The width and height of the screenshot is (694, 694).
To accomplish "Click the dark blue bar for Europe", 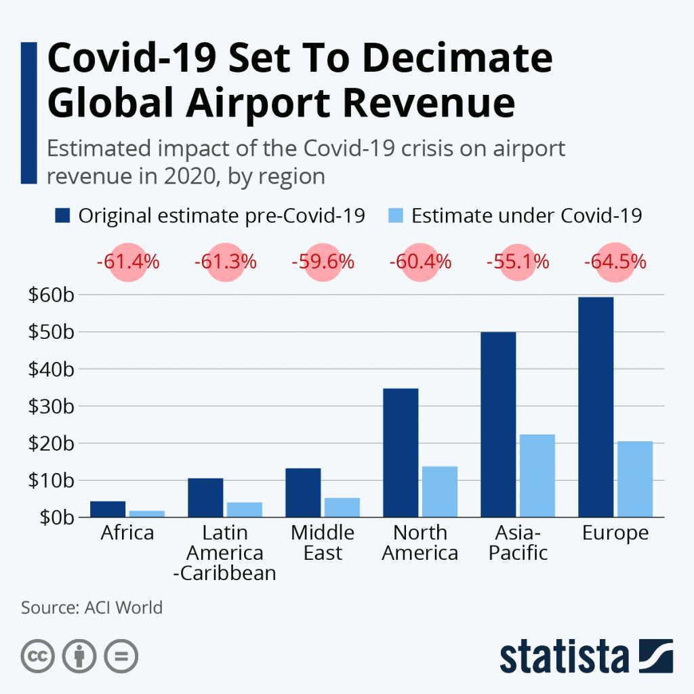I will coord(596,407).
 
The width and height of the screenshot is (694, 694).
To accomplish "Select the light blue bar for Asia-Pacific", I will coord(537,475).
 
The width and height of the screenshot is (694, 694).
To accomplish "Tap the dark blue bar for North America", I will coord(401,452).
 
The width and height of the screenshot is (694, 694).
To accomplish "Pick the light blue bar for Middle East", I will coord(342,507).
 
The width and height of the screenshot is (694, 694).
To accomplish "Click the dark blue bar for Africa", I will coord(108,509).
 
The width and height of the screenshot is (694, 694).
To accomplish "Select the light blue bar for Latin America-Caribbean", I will coord(245,509).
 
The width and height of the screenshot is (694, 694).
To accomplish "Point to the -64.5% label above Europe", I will coord(615,262).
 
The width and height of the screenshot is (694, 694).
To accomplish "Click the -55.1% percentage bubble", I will coord(518,262).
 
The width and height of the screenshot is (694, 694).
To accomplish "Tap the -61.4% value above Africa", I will coord(127,262).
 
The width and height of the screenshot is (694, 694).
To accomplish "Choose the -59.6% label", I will coord(323,262).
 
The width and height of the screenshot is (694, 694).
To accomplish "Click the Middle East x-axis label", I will coord(323,542).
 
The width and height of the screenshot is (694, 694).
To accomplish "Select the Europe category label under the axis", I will coord(615,533).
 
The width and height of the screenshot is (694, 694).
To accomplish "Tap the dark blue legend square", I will coord(62,216).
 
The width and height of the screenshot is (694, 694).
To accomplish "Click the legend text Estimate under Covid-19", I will coord(527,216).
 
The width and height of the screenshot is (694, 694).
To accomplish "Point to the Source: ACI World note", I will coord(92,607).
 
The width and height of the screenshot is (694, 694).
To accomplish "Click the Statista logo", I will coord(586,656).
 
